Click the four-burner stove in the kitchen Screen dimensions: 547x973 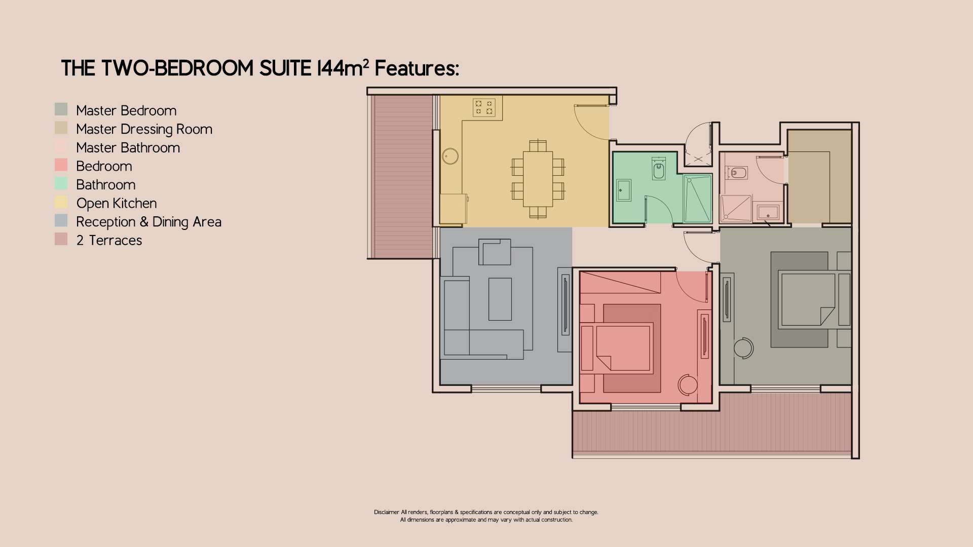tap(483, 107)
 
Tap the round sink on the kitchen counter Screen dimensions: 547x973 tap(450, 156)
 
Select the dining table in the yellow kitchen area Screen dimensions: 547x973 tap(538, 179)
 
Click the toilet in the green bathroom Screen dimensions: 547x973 tap(658, 170)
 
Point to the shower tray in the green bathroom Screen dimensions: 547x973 tap(697, 199)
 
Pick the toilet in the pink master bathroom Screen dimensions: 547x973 tap(738, 173)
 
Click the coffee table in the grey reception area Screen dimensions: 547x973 tap(500, 299)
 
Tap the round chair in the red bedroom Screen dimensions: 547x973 tap(688, 384)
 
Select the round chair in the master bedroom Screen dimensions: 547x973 tap(743, 348)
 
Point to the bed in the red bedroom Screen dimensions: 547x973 tap(623, 348)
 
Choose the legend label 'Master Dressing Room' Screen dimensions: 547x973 tap(144, 129)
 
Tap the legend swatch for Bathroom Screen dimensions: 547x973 tap(61, 184)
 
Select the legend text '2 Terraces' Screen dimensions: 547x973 tap(109, 240)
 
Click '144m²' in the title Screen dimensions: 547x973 tap(343, 68)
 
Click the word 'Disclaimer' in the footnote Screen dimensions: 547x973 tap(386, 512)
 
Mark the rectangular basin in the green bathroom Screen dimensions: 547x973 tap(623, 190)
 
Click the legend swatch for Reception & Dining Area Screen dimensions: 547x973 tap(61, 221)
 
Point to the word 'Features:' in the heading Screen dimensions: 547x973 tap(417, 68)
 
